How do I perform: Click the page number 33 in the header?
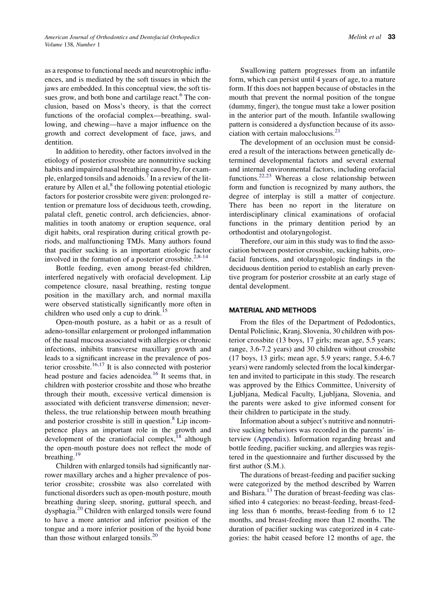click(391, 37)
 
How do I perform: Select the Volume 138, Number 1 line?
click(72, 45)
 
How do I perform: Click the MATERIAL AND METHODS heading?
click(273, 310)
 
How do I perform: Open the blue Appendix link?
click(271, 439)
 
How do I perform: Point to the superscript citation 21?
click(337, 132)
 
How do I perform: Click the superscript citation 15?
click(165, 311)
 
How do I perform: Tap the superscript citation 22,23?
click(265, 176)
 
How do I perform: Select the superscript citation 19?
click(78, 455)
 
